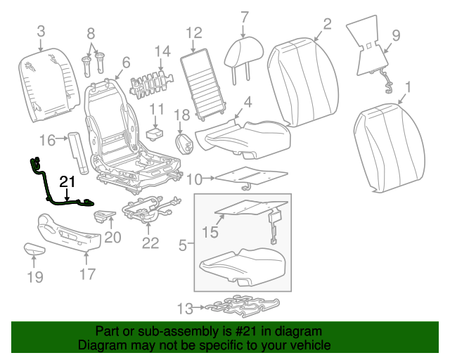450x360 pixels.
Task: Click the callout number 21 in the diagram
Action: (67, 183)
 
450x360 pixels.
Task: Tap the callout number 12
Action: (194, 32)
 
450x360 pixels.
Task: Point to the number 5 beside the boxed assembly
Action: (182, 245)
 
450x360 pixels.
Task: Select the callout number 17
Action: (87, 274)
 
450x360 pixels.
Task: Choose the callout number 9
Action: (395, 34)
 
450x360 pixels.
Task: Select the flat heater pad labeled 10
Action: (250, 177)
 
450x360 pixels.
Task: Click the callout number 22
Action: (150, 243)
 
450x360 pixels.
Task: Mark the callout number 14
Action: (162, 51)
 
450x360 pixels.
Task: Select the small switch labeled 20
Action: (103, 216)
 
